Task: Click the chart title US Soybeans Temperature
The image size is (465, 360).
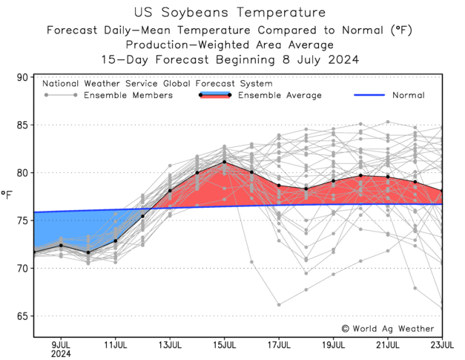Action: coord(230,13)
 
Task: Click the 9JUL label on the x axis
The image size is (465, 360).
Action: coord(61,344)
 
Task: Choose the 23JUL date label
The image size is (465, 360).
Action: coord(442,344)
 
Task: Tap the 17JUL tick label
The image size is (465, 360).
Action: coord(279,344)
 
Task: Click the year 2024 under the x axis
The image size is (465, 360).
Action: coord(61,354)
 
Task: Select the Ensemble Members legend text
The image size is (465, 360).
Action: coord(128,96)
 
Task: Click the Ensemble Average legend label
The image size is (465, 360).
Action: coord(280,96)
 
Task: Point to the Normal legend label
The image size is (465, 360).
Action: coord(408,96)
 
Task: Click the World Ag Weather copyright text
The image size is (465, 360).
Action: coord(388,328)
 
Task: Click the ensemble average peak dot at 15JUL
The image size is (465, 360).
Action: coord(225,163)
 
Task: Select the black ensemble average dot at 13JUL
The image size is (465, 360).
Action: coord(170,191)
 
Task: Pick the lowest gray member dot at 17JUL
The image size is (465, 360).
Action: coord(279,304)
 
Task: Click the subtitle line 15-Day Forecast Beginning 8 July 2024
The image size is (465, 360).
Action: coord(230,60)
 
